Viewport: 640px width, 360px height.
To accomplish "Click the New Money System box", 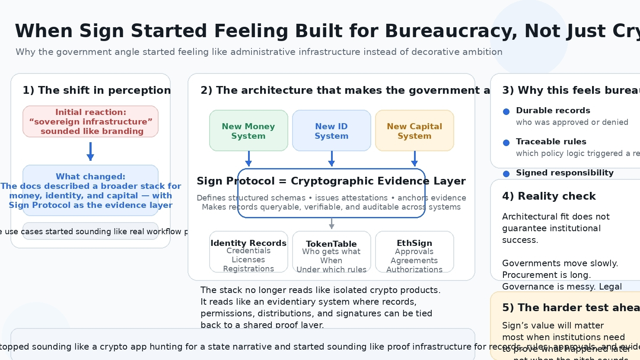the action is [x=248, y=131].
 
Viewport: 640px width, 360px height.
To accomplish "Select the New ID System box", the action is [x=331, y=131].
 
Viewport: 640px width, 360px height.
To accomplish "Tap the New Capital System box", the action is [x=414, y=131].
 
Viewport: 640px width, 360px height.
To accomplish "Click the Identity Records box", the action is [x=248, y=252].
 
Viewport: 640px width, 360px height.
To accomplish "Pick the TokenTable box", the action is [x=331, y=252].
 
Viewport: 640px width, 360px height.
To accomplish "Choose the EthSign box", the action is [x=414, y=252].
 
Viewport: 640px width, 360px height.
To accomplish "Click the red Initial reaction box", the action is [x=90, y=121].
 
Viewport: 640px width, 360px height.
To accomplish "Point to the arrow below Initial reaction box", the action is [x=90, y=151].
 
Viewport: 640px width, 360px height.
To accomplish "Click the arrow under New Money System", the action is [x=248, y=159].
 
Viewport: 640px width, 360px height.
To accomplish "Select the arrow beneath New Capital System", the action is [x=414, y=159].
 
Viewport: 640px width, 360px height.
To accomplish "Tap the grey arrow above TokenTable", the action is [x=331, y=223].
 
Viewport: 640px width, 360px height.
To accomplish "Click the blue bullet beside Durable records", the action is [x=506, y=112].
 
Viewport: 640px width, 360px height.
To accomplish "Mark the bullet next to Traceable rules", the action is [x=506, y=143].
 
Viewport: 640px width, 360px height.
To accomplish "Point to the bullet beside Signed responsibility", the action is [x=506, y=174].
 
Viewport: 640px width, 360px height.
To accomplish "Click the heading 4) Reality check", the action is [x=549, y=196].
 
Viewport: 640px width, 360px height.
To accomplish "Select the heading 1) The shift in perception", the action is [x=97, y=90].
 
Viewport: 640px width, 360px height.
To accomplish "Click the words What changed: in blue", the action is [x=90, y=176].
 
